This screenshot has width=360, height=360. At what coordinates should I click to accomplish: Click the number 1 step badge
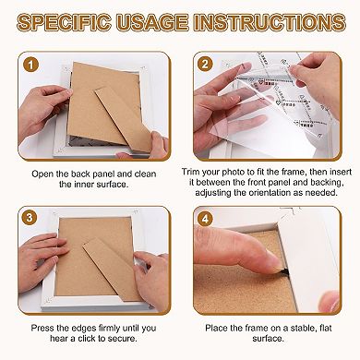point(30,65)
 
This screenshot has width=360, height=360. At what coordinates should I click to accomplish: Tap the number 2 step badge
point(205,65)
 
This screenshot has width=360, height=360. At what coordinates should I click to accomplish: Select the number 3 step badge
point(30,218)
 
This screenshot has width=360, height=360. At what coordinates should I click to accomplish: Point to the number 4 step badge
point(205,219)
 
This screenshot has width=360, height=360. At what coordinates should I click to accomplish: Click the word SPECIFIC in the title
point(64,22)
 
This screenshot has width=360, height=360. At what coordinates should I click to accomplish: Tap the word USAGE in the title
point(152,22)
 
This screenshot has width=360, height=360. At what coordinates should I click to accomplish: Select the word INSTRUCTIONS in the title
point(269,22)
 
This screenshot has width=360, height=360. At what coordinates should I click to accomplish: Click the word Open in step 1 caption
point(42,174)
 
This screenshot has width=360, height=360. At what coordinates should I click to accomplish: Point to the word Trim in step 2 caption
point(190,172)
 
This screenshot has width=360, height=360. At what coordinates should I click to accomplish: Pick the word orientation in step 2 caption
point(273,193)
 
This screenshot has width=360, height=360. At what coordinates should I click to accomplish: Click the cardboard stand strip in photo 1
point(124,119)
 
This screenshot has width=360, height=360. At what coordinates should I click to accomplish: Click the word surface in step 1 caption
point(112,185)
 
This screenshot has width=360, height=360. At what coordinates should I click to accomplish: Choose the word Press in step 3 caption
point(42,328)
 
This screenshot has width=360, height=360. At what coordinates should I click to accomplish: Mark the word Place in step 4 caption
point(217,328)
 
